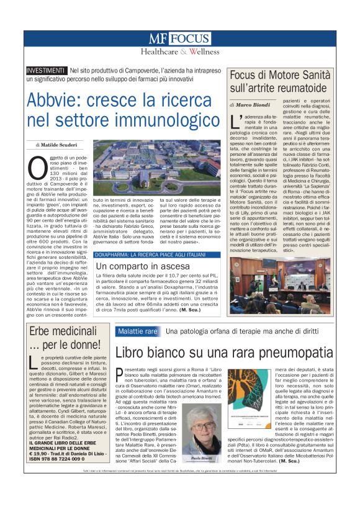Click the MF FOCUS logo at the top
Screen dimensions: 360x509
coord(180,38)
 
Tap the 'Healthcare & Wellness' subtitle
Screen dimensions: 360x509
coord(180,52)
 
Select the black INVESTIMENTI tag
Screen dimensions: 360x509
coord(46,70)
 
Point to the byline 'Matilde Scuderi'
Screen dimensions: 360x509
coord(60,144)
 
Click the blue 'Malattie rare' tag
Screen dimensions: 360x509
coord(137,332)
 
